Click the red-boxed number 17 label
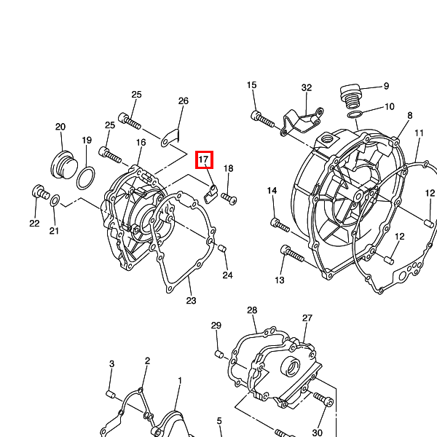point(204,160)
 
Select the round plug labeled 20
point(64,165)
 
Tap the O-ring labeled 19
point(85,178)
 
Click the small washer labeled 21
point(55,201)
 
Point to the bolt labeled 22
point(40,192)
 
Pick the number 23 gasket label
point(191,300)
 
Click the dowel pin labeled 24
point(222,248)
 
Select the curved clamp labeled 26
point(170,138)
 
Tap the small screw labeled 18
point(229,199)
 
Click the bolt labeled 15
point(263,119)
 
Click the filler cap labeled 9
point(351,95)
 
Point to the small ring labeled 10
point(355,114)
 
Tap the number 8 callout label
point(409,115)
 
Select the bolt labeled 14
point(280,226)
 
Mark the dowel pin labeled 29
point(219,354)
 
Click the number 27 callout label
point(307,318)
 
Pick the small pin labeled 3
point(111,394)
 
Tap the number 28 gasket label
point(252,310)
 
